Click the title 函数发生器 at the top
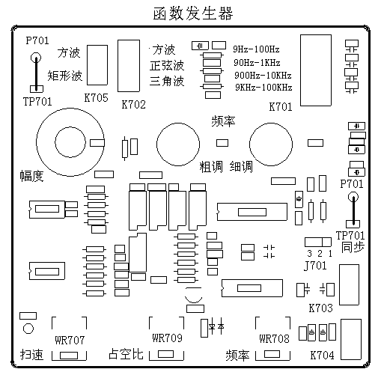coord(193,14)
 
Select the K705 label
coord(96,98)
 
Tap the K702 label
coord(133,103)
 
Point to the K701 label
coord(281,107)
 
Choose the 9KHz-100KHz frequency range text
coord(263,88)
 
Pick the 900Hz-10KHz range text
coord(261,75)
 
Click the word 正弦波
coord(167,66)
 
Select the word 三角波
coord(167,81)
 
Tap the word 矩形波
coord(64,76)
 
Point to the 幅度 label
coord(32,176)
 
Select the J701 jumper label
coord(316,265)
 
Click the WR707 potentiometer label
coord(67,339)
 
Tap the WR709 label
coord(167,338)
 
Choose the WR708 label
coord(274,339)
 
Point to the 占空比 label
coord(126,354)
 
